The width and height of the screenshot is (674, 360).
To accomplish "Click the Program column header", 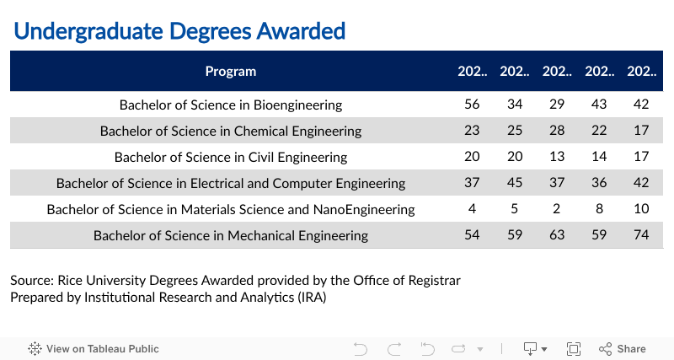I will click(x=231, y=72).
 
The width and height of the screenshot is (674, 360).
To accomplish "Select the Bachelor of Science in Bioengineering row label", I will click(x=231, y=105).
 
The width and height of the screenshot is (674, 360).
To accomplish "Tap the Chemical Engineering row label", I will click(x=231, y=131).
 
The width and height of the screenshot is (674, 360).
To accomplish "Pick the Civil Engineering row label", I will click(x=231, y=157).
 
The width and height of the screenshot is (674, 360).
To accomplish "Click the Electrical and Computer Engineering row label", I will click(x=231, y=183).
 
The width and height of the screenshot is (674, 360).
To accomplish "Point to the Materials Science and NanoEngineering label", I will click(x=231, y=209).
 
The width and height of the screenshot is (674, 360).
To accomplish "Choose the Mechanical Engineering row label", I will click(x=231, y=235).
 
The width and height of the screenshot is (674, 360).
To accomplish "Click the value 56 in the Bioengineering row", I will click(x=472, y=105).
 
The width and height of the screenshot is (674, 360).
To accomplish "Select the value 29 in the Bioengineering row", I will click(x=557, y=105).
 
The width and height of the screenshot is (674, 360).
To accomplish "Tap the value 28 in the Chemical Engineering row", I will click(x=557, y=131).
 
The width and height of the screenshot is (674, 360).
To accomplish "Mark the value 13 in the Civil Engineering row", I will click(x=557, y=157).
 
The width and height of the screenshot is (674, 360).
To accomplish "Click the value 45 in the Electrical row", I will click(x=514, y=183).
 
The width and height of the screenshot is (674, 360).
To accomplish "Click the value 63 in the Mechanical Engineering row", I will click(x=557, y=235).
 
